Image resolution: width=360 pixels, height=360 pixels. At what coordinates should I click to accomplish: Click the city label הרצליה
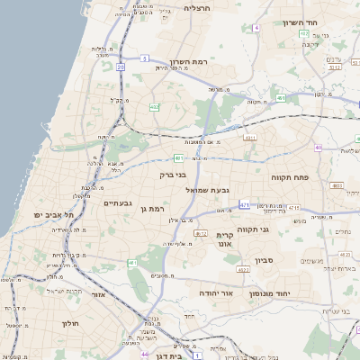coord(196,7)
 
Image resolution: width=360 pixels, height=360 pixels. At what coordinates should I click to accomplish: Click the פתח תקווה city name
coord(291,178)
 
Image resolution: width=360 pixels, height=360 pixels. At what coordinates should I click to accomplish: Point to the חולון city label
coord(70,323)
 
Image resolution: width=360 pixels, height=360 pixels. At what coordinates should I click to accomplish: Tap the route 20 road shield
coord(120,67)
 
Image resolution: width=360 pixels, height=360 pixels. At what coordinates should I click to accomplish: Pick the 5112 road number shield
coord(334,66)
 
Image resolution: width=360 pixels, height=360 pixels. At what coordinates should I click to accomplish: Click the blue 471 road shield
coord(244,206)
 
